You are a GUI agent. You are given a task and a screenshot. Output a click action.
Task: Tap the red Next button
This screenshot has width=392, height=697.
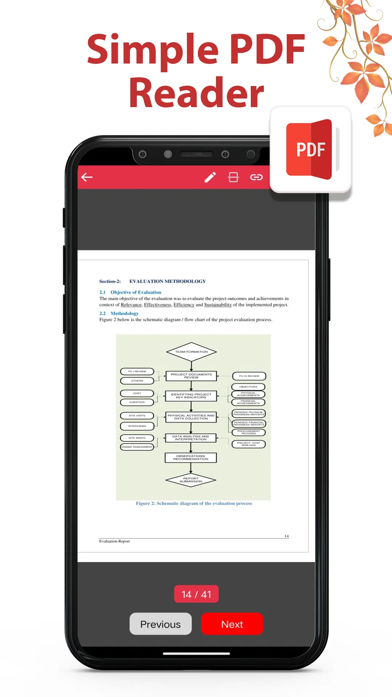[x=232, y=624]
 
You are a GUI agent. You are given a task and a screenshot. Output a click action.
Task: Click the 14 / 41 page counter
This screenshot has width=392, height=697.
[x=196, y=594]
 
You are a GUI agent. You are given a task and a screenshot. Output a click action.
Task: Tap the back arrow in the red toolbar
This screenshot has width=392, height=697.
[x=87, y=177]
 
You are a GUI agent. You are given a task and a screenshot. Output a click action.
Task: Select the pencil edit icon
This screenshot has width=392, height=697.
[x=210, y=177]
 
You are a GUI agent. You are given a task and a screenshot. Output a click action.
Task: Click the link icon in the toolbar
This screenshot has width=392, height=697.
[x=256, y=177]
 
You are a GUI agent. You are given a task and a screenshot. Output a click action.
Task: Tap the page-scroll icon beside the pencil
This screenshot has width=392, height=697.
[x=233, y=177]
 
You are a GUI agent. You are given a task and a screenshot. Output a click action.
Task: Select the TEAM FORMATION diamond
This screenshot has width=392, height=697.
[x=191, y=352]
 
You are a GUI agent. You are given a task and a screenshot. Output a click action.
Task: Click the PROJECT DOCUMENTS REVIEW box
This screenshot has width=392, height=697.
[x=191, y=376]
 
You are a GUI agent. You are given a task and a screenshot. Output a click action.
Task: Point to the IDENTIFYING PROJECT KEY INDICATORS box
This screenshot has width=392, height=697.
[x=191, y=396]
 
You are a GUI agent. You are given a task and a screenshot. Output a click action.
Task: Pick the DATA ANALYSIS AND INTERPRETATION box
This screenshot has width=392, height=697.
[x=191, y=438]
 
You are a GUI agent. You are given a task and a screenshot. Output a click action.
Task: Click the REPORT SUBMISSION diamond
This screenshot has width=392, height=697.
[x=191, y=480]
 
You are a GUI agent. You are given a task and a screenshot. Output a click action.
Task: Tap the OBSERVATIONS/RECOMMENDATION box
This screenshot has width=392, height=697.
[x=191, y=457]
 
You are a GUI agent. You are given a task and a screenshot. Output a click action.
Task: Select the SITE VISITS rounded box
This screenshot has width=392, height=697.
[x=137, y=416]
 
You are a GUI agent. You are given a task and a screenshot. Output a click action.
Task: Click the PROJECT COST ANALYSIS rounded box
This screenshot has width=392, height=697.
[x=249, y=444]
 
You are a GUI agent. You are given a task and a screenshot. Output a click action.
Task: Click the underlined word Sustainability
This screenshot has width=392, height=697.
[x=218, y=305]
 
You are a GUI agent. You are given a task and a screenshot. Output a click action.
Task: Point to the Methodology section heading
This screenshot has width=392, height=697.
[x=124, y=313]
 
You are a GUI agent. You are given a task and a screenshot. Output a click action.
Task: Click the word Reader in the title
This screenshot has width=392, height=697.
[x=196, y=93]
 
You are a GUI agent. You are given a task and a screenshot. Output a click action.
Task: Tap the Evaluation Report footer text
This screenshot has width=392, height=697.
[x=114, y=541]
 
